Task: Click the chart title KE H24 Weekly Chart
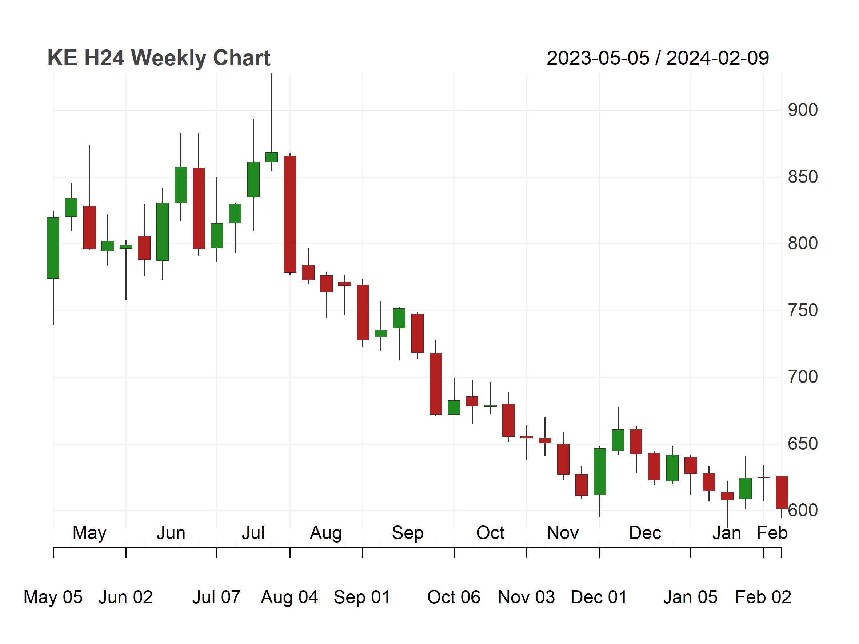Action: coord(159,58)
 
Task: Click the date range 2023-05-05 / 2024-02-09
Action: coord(658,58)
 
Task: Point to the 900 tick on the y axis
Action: coord(802,110)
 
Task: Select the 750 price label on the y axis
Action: coord(802,311)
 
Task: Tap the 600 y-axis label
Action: coord(802,511)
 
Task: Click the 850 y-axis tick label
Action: coord(802,177)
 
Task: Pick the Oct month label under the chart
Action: coord(490,533)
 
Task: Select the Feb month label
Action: coord(772,533)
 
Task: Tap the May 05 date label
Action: coord(53,597)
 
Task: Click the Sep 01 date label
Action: coord(362,597)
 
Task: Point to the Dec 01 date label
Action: coord(599,597)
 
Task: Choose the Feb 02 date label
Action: coord(763,597)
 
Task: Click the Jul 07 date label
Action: coord(216,597)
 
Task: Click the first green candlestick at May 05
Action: coord(53,248)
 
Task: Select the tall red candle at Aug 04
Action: coord(290,214)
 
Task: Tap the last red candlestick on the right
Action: coord(782,493)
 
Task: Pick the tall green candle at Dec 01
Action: coord(600,472)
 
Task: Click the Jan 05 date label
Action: coord(691,597)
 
